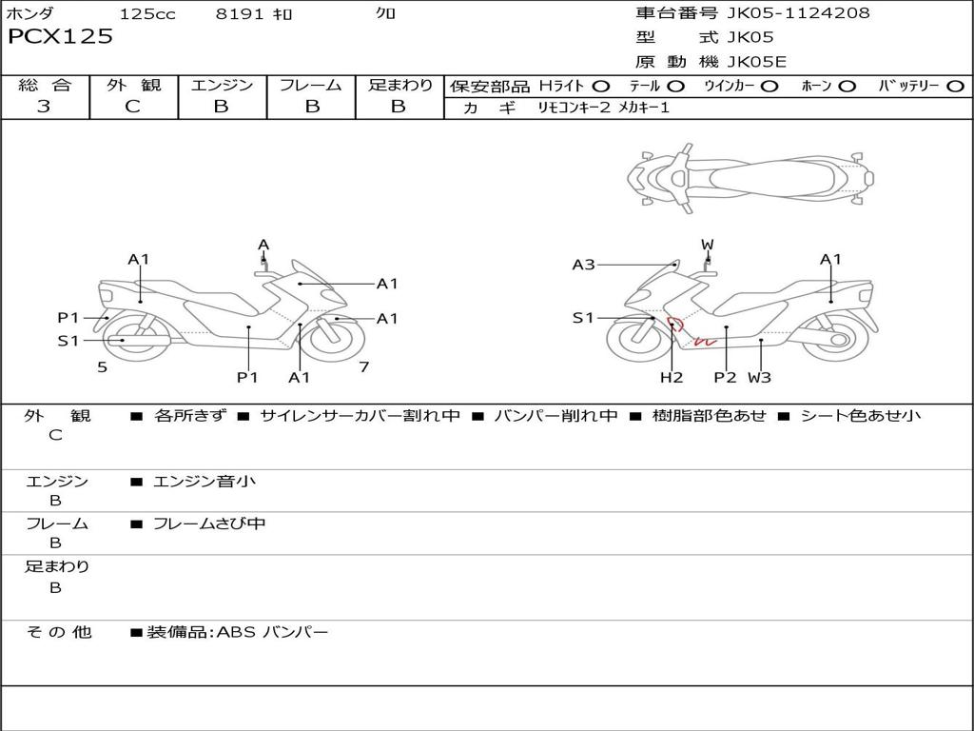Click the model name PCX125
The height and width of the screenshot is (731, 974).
click(60, 37)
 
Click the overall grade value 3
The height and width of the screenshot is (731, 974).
click(44, 107)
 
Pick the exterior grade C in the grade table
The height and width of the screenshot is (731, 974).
click(132, 107)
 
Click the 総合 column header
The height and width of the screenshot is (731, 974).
click(45, 85)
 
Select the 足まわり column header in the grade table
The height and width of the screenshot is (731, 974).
click(399, 85)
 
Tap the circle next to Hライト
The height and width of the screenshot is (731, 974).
click(601, 87)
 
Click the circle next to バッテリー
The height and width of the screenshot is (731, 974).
click(955, 87)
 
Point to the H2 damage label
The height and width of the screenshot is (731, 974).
click(672, 377)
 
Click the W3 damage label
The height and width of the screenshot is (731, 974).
click(759, 377)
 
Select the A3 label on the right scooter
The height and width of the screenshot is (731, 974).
click(583, 265)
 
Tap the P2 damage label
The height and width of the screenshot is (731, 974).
click(726, 377)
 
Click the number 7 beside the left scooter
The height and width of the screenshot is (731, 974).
click(363, 366)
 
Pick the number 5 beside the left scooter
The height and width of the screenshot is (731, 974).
click(102, 366)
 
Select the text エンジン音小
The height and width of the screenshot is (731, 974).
click(205, 482)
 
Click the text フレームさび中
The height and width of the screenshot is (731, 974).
click(209, 524)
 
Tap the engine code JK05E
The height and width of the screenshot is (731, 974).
click(756, 62)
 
